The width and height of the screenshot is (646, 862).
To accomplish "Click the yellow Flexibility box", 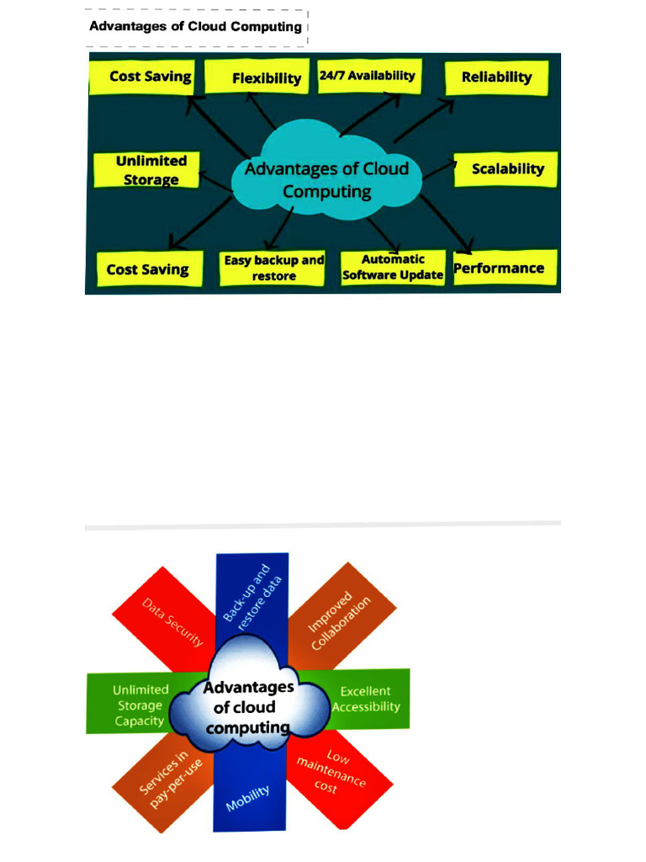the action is coord(257,77).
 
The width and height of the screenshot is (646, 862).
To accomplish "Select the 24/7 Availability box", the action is coord(370,76).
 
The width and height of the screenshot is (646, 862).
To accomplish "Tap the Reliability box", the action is coord(496,78).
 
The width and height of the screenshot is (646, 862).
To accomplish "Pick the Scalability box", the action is coord(506,169).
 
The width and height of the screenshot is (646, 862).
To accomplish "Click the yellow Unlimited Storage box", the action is coord(146,170).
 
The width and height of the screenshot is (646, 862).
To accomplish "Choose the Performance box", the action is coord(506,268).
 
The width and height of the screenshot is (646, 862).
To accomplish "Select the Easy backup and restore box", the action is coord(272,269).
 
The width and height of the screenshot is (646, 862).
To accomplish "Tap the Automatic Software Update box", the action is coord(393,269).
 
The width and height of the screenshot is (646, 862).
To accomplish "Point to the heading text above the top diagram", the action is coord(195,26).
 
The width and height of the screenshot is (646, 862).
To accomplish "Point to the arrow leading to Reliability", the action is coord(424,121).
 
